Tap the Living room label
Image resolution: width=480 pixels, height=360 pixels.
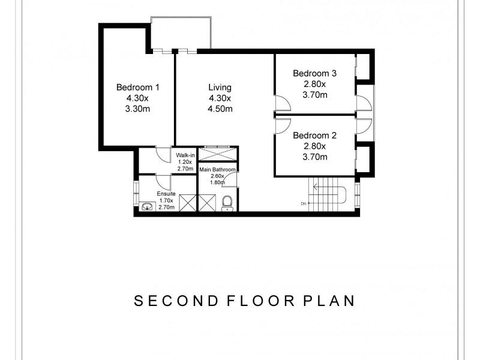pos(220,87)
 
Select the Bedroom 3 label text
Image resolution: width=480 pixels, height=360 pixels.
pos(314,74)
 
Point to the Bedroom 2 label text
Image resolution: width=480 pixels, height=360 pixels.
pos(314,136)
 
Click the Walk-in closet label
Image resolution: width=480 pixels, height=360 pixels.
pos(185,156)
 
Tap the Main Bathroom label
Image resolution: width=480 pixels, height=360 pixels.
pos(218,170)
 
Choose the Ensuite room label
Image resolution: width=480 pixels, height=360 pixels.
pos(166,194)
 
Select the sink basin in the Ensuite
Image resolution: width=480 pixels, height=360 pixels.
pos(147,206)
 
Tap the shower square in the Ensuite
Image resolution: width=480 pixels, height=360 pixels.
pos(187,203)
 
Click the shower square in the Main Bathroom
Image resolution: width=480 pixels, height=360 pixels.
pos(207,203)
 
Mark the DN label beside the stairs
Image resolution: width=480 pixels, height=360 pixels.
pos(304,204)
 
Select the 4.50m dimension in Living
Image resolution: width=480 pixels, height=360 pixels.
pos(220,109)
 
